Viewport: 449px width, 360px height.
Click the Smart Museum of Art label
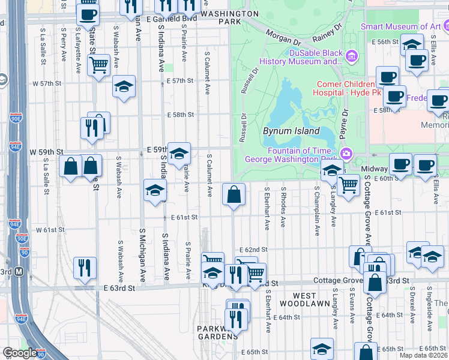click(400, 26)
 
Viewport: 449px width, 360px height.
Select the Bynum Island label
click(291, 131)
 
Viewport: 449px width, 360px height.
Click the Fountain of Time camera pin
click(346, 154)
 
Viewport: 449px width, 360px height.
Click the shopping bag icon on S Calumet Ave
click(234, 195)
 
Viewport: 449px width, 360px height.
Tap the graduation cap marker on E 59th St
click(178, 154)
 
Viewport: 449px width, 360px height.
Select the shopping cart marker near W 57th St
click(98, 64)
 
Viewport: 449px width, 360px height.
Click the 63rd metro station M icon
click(19, 272)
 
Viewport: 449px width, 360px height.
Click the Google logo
click(19, 353)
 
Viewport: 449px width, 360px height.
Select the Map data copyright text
click(424, 355)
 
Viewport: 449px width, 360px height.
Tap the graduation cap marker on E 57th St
click(123, 87)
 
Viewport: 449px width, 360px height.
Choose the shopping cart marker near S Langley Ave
click(348, 186)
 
